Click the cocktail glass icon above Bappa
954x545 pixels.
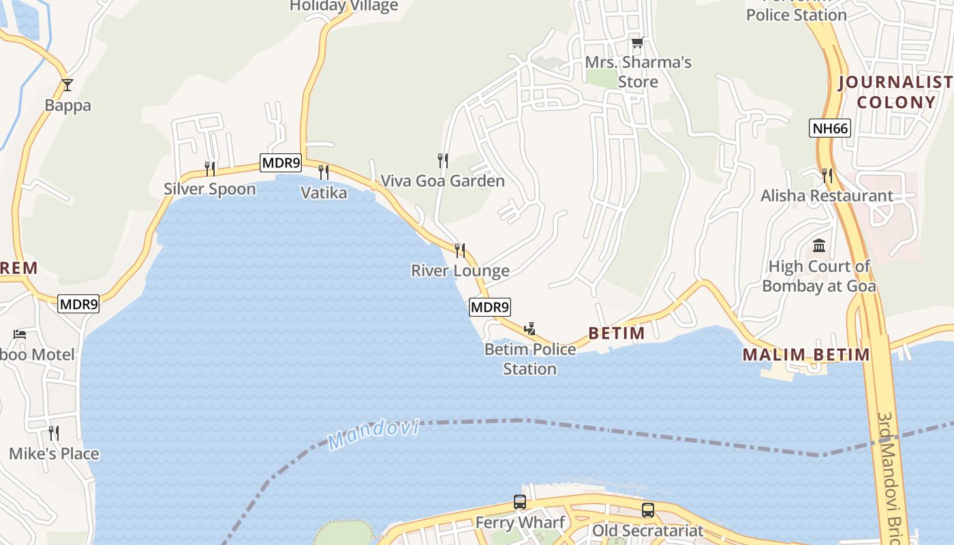[x=67, y=85]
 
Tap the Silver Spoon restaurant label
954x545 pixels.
[x=209, y=189]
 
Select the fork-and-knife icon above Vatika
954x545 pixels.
[x=324, y=172]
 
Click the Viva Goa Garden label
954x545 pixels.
[x=442, y=181]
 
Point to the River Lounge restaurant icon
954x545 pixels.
[x=460, y=250]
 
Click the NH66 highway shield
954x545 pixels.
[x=830, y=128]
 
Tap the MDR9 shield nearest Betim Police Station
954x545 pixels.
[x=489, y=307]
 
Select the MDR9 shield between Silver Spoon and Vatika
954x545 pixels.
[x=280, y=163]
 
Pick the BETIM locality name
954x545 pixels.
[x=616, y=333]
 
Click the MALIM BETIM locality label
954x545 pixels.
[x=805, y=354]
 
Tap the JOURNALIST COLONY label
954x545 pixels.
[x=895, y=93]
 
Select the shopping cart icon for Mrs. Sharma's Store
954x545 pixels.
[x=637, y=43]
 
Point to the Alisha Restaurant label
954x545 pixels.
[x=827, y=196]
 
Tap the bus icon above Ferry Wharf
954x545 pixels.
[x=520, y=502]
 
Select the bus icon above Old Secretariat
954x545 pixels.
[x=647, y=510]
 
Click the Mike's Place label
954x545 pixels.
[x=54, y=454]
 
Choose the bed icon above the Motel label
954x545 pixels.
[x=20, y=334]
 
